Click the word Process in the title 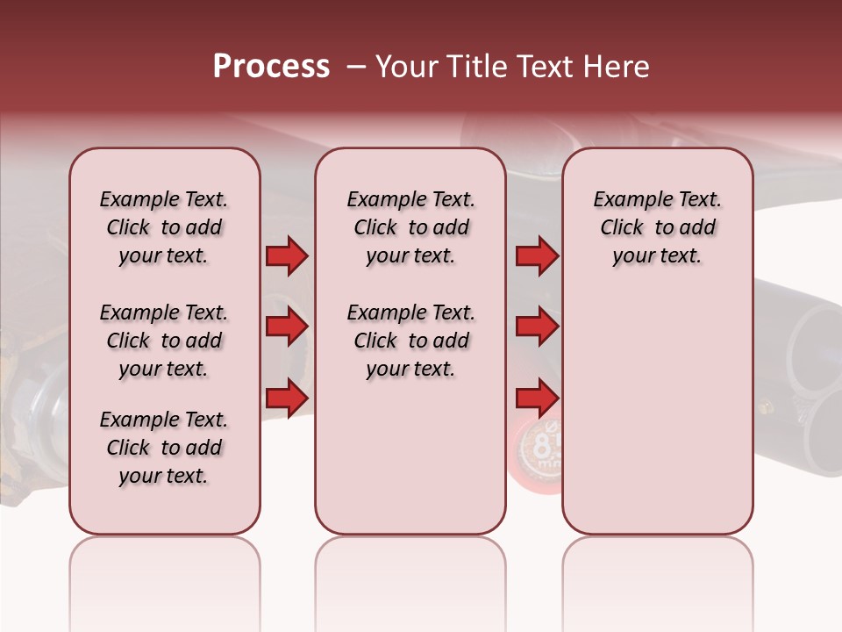[x=271, y=67]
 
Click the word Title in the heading [x=470, y=67]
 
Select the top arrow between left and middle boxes [x=287, y=256]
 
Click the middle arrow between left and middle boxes [x=287, y=327]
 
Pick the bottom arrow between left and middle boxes [x=287, y=399]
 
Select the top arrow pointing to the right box [x=537, y=256]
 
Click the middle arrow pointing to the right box [x=537, y=327]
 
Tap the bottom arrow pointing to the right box [x=537, y=399]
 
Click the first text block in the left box [x=164, y=227]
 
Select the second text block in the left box [x=164, y=341]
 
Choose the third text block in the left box [x=164, y=448]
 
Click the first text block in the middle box [x=411, y=227]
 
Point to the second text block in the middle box [x=411, y=341]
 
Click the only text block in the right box [x=658, y=227]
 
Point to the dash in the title [x=355, y=67]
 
